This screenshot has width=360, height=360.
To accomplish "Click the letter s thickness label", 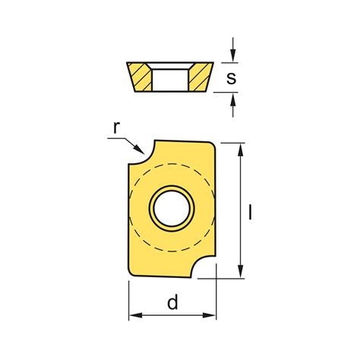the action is (x=231, y=77).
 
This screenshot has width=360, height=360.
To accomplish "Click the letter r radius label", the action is (x=115, y=128).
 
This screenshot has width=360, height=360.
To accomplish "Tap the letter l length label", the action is (x=251, y=212).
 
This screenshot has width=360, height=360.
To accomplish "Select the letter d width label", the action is (x=172, y=302).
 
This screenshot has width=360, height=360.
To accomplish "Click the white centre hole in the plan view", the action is (x=172, y=208).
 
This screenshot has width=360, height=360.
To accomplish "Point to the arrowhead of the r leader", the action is (x=139, y=149).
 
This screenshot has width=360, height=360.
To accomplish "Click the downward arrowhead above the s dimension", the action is (x=233, y=55).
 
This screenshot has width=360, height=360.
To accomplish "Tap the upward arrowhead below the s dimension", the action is (x=233, y=99).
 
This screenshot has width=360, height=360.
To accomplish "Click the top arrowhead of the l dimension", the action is (x=241, y=150).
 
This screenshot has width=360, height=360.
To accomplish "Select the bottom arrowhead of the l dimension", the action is (x=241, y=271).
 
